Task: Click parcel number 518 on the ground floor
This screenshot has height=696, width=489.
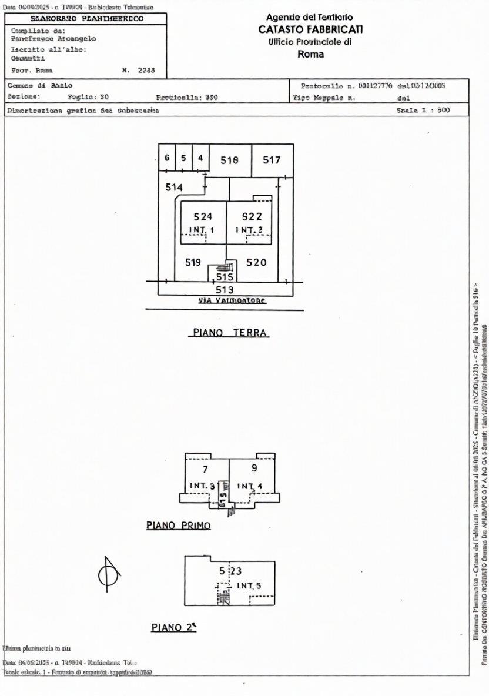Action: tap(229, 160)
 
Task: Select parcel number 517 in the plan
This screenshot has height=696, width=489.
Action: tap(272, 160)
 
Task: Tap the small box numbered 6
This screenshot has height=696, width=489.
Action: tap(167, 158)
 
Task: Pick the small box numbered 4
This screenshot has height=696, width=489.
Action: tap(200, 158)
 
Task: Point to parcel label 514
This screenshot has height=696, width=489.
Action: tap(174, 187)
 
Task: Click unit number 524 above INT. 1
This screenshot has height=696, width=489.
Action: tap(203, 217)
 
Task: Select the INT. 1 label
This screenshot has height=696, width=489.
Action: tap(202, 229)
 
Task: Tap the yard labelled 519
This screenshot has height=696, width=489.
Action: tap(193, 263)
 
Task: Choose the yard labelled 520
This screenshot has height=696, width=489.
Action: tap(256, 263)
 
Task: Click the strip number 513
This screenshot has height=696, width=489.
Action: tap(225, 289)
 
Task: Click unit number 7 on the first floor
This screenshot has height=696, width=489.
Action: tap(205, 469)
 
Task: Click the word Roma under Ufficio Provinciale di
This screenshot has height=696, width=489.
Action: tap(310, 54)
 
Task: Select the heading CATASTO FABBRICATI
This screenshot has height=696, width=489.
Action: tap(310, 29)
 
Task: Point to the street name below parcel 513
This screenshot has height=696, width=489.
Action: tap(232, 301)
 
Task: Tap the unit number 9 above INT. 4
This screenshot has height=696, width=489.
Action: tap(254, 469)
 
